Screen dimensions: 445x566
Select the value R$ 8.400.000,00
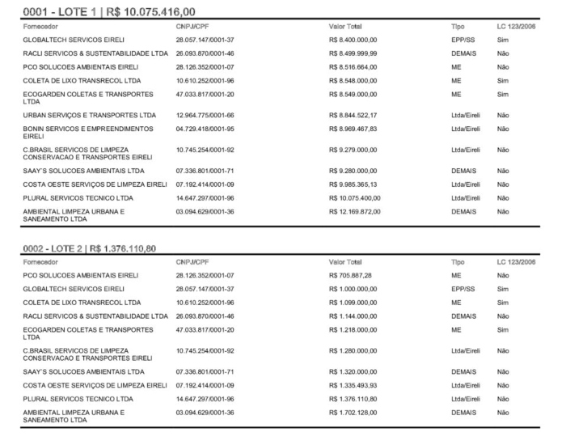pos(353,39)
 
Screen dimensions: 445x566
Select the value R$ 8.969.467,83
pos(353,128)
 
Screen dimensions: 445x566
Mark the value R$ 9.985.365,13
pos(353,184)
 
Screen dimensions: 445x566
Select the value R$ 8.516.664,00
pos(353,66)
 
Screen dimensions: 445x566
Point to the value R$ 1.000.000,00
pos(353,289)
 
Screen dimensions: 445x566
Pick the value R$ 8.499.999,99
pos(353,53)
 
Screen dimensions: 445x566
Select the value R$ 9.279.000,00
pos(353,150)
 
